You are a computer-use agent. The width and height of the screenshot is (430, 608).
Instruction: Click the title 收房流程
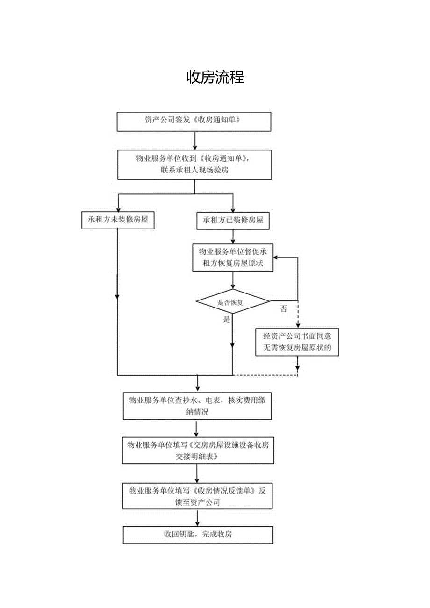215,77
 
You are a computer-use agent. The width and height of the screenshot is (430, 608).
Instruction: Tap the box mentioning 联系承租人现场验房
194,165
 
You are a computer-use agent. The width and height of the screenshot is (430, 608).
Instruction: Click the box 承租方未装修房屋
118,220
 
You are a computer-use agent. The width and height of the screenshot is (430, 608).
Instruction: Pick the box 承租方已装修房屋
233,220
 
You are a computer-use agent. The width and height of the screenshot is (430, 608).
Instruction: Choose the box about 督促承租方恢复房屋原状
233,257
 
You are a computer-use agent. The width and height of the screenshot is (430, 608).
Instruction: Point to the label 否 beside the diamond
284,309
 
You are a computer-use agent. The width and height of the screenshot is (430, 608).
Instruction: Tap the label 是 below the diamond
227,320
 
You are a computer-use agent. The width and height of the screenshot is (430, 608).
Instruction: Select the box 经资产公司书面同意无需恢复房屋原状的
297,342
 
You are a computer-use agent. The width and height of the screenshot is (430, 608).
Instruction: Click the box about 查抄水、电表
197,406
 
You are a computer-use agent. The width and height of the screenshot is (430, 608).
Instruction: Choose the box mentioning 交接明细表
197,451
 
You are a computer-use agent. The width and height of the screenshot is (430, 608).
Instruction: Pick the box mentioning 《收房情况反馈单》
197,496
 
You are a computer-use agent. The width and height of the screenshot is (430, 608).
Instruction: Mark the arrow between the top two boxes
194,140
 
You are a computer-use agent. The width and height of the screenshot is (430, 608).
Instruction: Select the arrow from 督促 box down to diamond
233,281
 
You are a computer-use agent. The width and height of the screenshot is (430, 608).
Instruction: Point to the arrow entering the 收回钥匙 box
197,518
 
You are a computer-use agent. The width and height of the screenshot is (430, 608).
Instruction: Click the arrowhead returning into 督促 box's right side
276,257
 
